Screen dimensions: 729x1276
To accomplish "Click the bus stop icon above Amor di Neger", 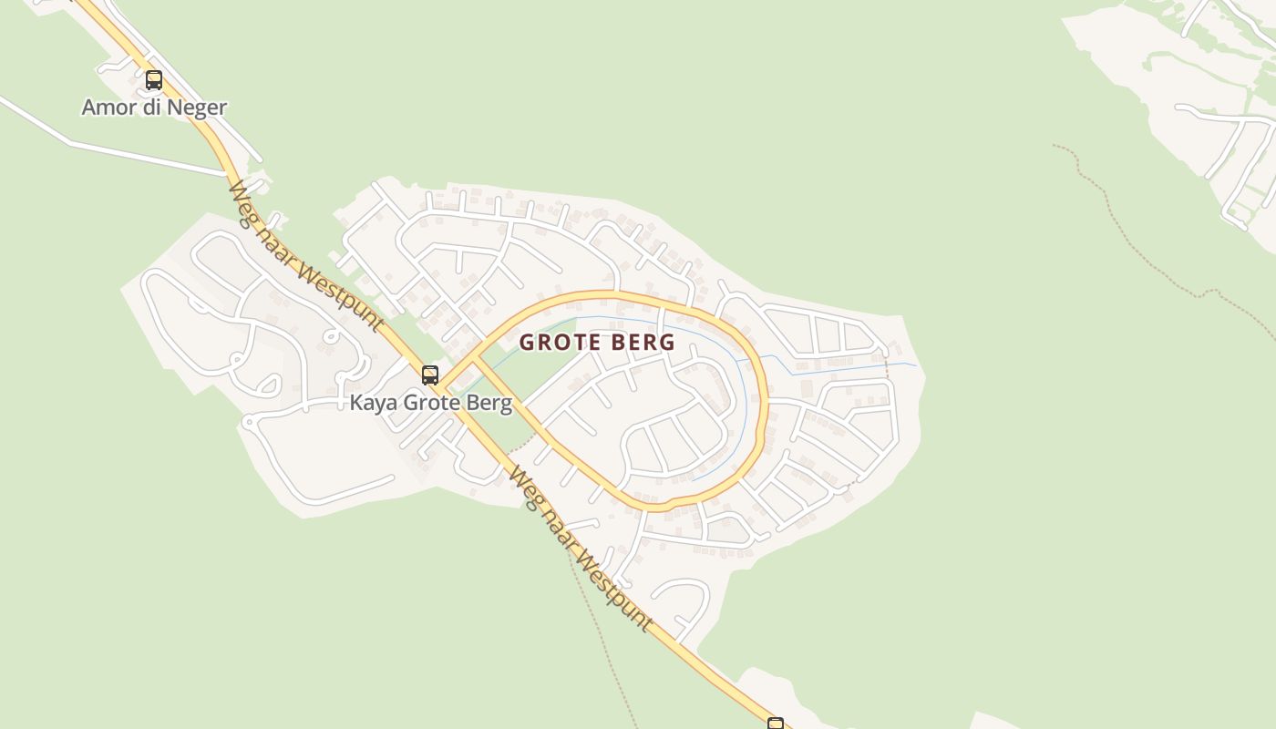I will pyautogui.click(x=154, y=79).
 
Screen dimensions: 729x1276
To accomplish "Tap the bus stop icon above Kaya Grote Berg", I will pyautogui.click(x=429, y=375).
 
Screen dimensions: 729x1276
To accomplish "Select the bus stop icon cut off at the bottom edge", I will pyautogui.click(x=775, y=724).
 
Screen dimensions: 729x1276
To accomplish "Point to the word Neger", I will pyautogui.click(x=197, y=108).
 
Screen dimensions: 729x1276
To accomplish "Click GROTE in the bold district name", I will pyautogui.click(x=557, y=343).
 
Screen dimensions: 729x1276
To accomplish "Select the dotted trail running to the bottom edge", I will pyautogui.click(x=602, y=638).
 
